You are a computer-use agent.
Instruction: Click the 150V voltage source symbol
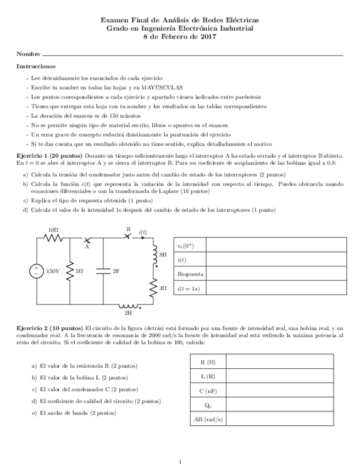pyautogui.click(x=37, y=270)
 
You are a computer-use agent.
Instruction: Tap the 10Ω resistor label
pyautogui.click(x=53, y=230)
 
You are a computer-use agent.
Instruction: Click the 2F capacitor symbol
pyautogui.click(x=103, y=270)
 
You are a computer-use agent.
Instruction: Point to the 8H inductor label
pyautogui.click(x=163, y=255)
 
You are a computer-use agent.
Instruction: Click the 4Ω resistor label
pyautogui.click(x=163, y=287)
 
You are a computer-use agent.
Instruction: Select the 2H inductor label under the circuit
pyautogui.click(x=128, y=313)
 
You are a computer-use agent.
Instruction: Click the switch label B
pyautogui.click(x=128, y=229)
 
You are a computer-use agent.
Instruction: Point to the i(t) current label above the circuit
pyautogui.click(x=143, y=232)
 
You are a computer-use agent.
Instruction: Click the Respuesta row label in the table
pyautogui.click(x=190, y=274)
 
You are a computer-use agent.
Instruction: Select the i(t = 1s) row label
pyautogui.click(x=189, y=288)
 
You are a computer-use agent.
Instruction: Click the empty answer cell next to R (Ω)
pyautogui.click(x=279, y=362)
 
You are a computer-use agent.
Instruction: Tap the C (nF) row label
pyautogui.click(x=208, y=391)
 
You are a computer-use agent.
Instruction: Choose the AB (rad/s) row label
pyautogui.click(x=208, y=419)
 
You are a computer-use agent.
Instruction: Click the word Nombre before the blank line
pyautogui.click(x=28, y=54)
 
